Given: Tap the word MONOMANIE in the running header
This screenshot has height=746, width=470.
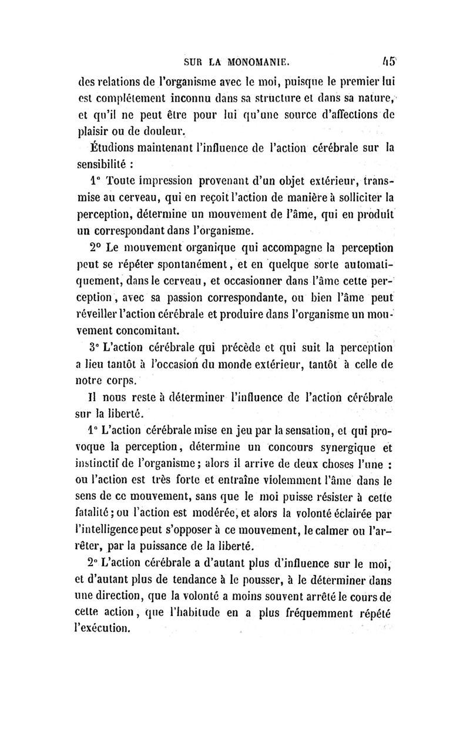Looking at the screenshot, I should (x=258, y=61).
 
